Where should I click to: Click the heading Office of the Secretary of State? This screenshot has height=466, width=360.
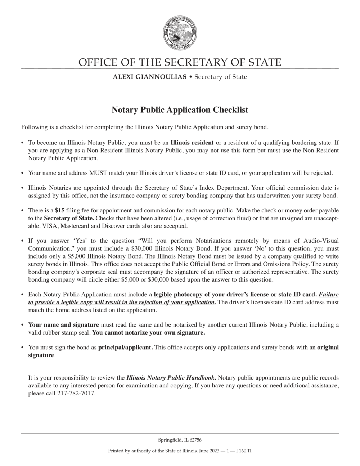click(180, 62)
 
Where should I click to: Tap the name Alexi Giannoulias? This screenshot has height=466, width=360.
click(150, 77)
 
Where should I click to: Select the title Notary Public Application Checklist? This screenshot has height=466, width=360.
click(180, 109)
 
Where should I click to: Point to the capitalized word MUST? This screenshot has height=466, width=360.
click(96, 173)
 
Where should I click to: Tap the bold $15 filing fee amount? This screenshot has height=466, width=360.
click(59, 210)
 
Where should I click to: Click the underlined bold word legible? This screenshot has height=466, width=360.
click(163, 294)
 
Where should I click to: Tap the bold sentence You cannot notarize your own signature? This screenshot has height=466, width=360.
click(149, 333)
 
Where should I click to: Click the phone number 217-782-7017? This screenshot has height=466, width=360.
click(76, 394)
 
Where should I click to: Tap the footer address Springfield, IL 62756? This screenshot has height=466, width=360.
click(180, 440)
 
